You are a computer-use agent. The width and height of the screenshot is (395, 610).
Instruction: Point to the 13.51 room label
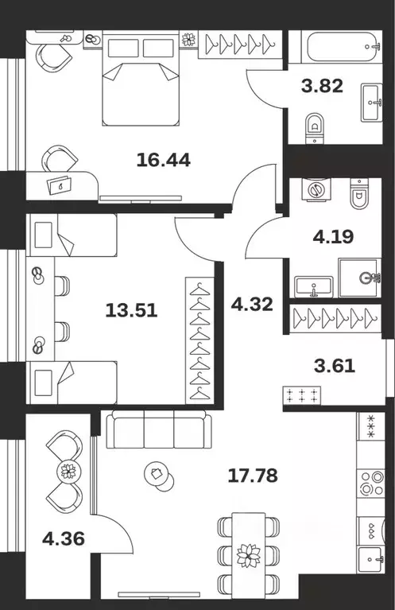[x=131, y=310]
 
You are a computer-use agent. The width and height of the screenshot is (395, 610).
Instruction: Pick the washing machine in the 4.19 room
[x=316, y=191]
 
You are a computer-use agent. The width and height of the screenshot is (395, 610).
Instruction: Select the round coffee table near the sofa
[x=157, y=476]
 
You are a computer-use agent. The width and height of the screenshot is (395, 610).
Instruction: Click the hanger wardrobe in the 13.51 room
[x=201, y=340]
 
